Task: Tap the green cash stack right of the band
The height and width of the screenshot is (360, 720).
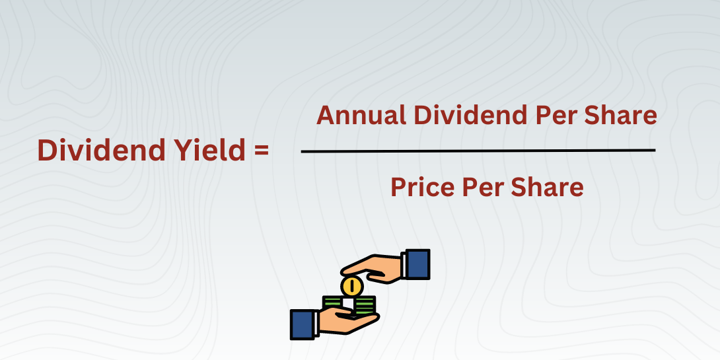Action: (365, 305)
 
